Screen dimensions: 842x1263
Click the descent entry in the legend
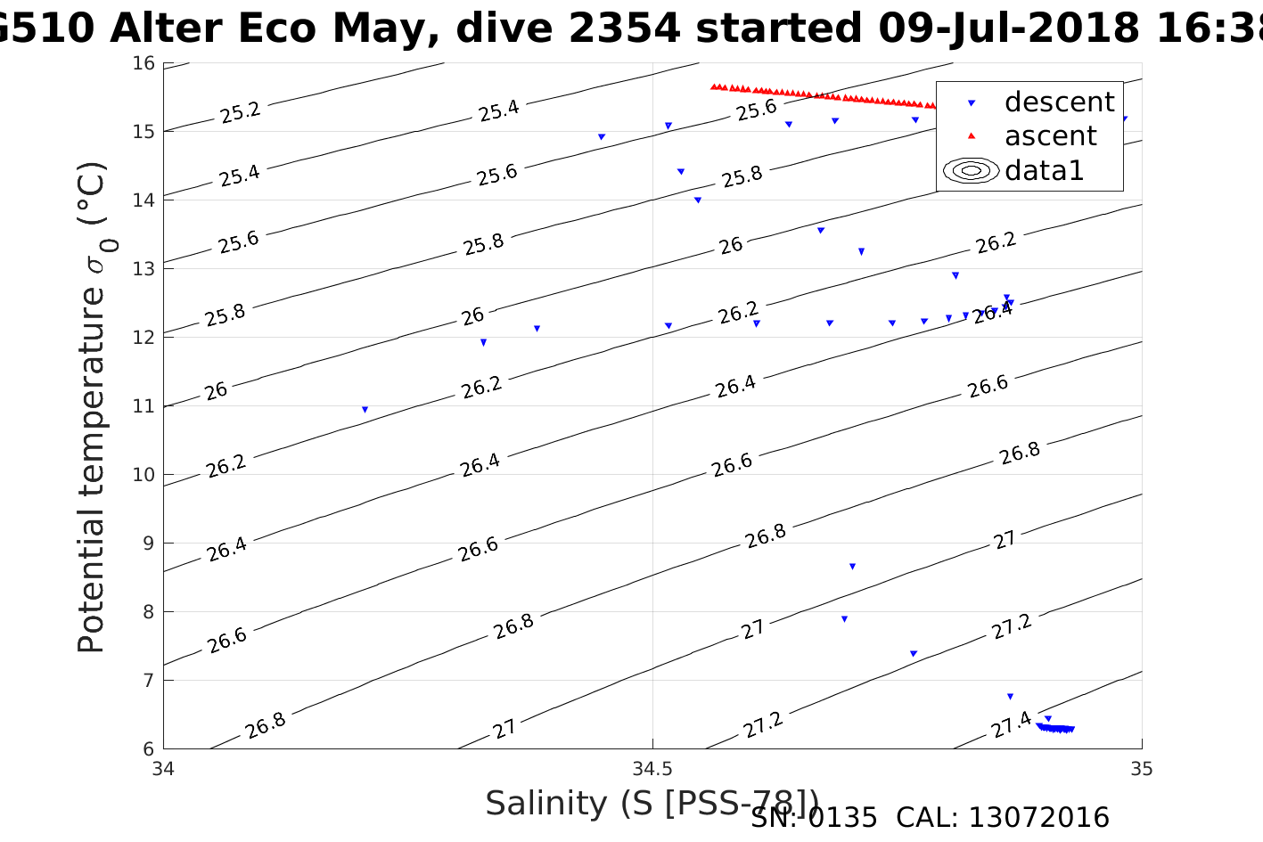(1059, 102)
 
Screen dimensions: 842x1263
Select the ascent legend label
(1050, 136)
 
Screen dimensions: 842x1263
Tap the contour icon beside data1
(972, 170)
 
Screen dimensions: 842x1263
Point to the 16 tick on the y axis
(144, 63)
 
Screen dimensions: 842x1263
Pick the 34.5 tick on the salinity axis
(652, 768)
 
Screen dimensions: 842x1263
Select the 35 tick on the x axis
(1141, 768)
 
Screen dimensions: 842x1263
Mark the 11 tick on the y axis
(144, 406)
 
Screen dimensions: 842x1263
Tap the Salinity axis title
(652, 804)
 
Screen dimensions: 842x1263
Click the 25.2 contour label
(240, 112)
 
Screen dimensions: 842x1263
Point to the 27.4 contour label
(1012, 724)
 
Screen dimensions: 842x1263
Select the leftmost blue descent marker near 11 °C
(365, 410)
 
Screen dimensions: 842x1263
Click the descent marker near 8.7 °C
(852, 567)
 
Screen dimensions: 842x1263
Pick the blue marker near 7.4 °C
(913, 654)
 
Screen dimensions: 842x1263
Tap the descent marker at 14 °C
(698, 200)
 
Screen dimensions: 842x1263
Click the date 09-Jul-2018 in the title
(1007, 29)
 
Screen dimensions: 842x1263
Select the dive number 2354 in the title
(624, 29)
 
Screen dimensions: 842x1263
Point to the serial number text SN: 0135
(814, 818)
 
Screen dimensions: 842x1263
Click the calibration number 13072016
(1038, 818)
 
